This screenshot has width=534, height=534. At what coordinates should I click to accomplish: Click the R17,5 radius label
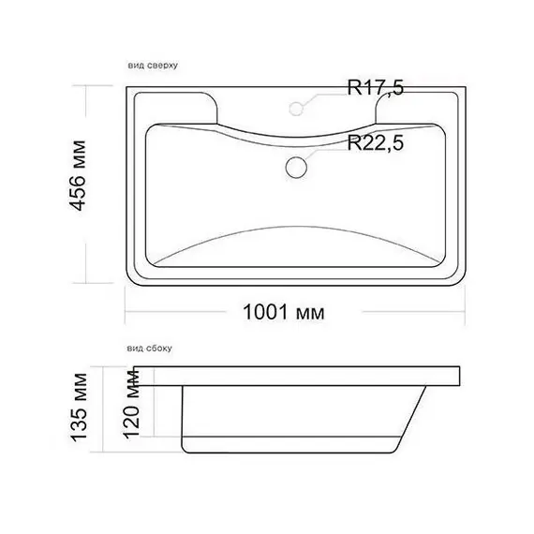(376, 87)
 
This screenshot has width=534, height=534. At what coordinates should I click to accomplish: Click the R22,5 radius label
(376, 142)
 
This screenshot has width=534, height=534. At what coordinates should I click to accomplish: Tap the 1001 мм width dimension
(284, 312)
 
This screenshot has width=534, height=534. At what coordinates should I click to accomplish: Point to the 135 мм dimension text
(78, 408)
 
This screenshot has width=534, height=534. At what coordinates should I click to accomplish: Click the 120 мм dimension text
(131, 403)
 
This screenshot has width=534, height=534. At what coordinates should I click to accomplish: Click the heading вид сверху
(153, 65)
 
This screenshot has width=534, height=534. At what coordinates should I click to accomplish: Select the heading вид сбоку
(150, 349)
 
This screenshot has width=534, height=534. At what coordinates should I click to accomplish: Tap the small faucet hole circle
(296, 109)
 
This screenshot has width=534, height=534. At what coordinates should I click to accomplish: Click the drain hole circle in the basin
(296, 167)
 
